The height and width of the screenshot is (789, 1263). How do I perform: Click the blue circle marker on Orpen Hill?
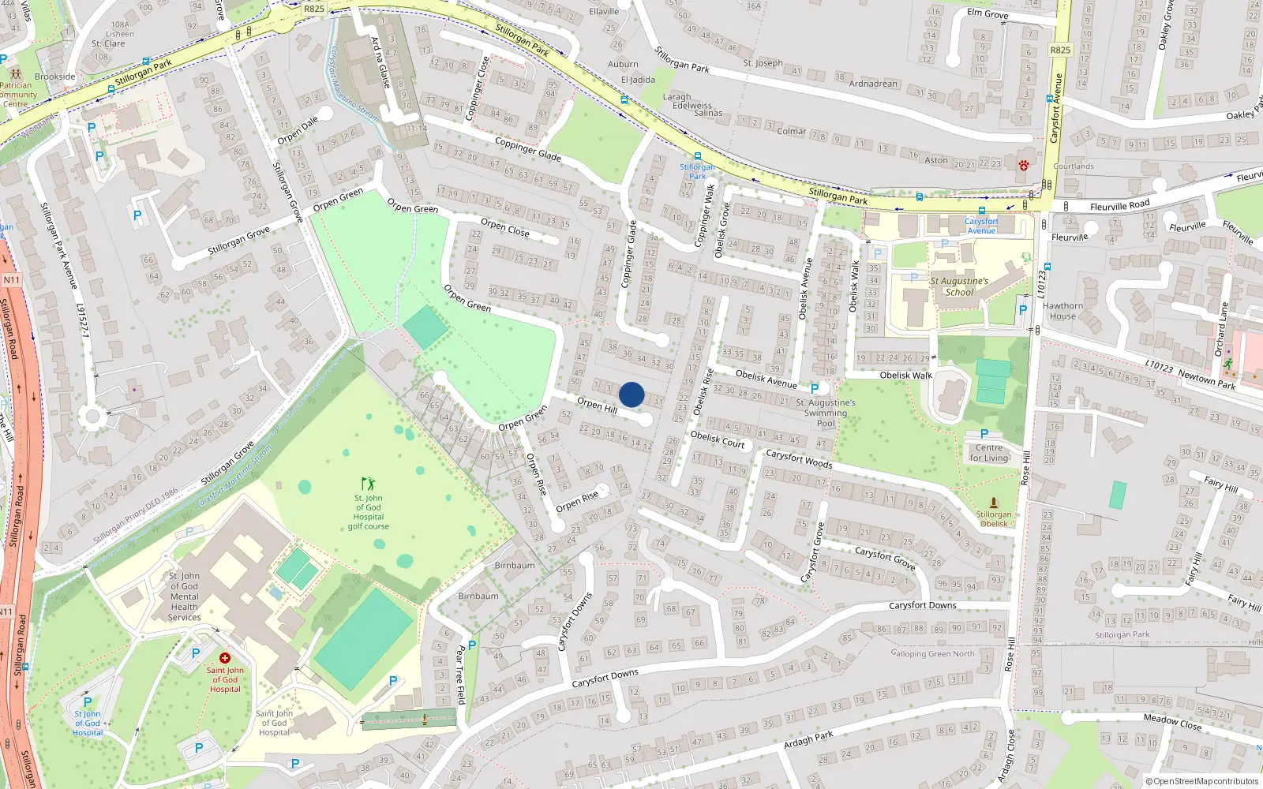(x=631, y=394)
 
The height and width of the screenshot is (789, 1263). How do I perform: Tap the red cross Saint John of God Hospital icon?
(x=225, y=657)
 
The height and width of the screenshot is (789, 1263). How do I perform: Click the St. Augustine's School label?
(x=959, y=286)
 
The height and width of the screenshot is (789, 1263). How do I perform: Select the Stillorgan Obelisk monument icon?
(x=994, y=503)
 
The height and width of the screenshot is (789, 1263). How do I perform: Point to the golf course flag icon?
(x=368, y=484)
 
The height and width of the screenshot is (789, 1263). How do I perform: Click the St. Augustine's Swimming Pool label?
(x=826, y=413)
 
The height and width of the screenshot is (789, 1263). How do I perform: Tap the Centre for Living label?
(x=989, y=453)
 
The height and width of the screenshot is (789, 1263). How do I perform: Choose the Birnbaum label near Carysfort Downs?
(x=478, y=596)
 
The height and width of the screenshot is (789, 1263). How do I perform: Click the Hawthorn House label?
(x=1062, y=311)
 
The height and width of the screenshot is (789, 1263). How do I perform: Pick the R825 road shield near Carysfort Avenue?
(x=1060, y=50)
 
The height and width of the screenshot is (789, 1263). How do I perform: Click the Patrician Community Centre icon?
(x=15, y=73)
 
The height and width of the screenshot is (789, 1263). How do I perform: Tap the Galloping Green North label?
(x=932, y=653)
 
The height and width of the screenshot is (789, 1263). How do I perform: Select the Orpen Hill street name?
(x=597, y=406)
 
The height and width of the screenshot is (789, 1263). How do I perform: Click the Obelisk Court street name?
(x=718, y=439)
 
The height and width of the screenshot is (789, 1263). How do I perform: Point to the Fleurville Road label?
(x=1119, y=206)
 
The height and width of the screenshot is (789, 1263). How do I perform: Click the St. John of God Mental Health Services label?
(x=184, y=596)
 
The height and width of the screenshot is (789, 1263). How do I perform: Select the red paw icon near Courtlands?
(x=1024, y=165)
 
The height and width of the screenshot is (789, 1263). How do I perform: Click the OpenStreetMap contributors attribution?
(x=1202, y=781)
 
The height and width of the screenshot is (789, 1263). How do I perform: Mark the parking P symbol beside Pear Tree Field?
(x=472, y=645)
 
